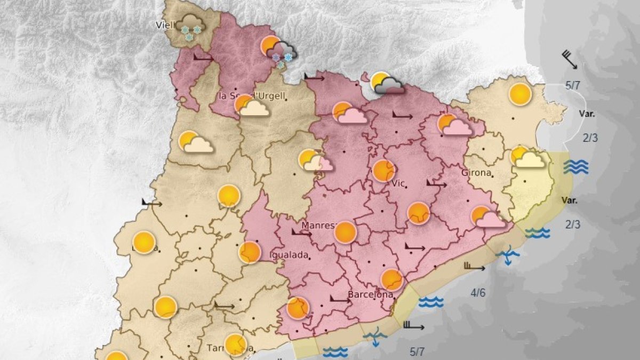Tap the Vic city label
(x=398, y=183)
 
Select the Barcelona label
(x=370, y=294)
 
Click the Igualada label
(x=290, y=255)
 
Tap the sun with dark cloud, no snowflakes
(x=387, y=83)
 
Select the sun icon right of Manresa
(x=346, y=232)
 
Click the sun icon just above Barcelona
(x=392, y=279)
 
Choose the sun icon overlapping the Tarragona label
(x=235, y=345)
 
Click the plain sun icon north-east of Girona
(x=520, y=94)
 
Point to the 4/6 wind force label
(x=478, y=292)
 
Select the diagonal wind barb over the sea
(x=570, y=59)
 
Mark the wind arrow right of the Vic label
(x=436, y=184)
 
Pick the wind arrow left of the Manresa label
(x=301, y=233)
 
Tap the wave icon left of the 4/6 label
(x=431, y=302)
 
